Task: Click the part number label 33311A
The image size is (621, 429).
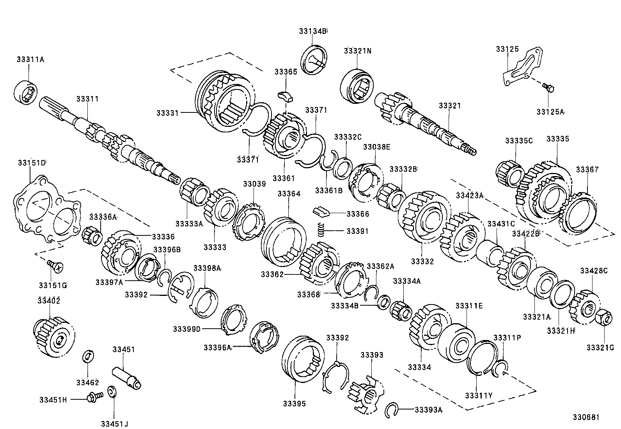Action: coord(30,60)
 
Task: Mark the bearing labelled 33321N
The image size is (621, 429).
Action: coord(357,86)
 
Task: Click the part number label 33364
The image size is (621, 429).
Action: coord(289,194)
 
